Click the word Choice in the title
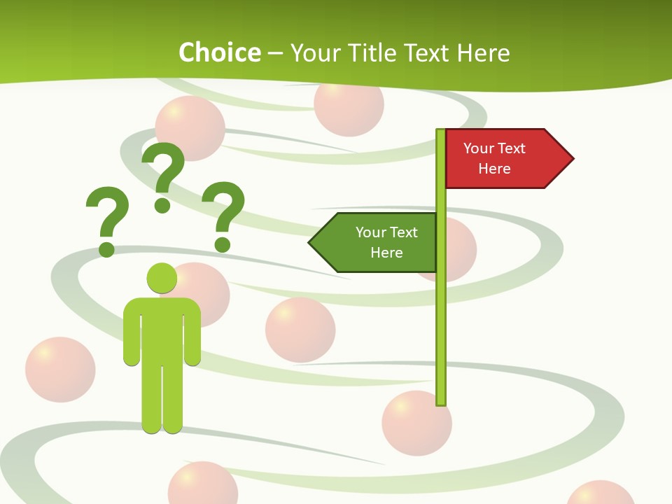point(219,52)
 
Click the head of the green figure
point(162,278)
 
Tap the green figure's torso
point(162,329)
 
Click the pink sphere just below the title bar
point(349,105)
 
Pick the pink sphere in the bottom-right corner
point(600,493)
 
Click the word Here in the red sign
point(494,169)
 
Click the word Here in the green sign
point(386,253)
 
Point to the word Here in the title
point(483,52)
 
